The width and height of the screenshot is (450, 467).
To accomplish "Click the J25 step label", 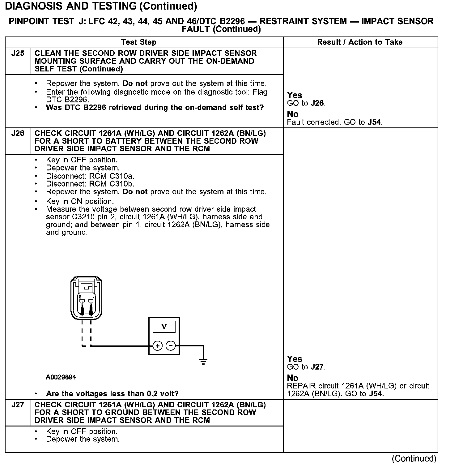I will coord(18,54).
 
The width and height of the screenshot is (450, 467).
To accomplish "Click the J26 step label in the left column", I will coord(18,133).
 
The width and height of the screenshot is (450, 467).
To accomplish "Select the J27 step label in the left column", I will coord(18,405).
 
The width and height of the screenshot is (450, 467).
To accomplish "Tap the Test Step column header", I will coord(139,42).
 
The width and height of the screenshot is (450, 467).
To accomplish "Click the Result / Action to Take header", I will coord(360,42).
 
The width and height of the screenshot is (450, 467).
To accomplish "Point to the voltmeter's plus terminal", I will coord(157,346).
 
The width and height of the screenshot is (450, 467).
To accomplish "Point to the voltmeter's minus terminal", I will coord(171,346).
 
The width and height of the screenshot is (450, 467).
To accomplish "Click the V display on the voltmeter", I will coord(164,327).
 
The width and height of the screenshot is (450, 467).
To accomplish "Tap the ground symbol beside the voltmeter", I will coord(203,361).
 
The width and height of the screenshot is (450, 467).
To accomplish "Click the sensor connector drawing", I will coord(86,298).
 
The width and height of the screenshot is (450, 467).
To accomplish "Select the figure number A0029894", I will coord(61,377).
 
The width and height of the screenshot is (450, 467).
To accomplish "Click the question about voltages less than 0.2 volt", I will coord(112,394).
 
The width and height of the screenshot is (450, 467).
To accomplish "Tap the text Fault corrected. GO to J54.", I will coord(335,122).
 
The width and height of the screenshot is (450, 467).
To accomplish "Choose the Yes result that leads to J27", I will coord(295,359).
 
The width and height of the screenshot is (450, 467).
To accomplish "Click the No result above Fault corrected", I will coord(293,114).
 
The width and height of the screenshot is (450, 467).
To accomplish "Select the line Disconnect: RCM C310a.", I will coord(90,176).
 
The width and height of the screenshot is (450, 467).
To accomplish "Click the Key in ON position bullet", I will coord(80,201).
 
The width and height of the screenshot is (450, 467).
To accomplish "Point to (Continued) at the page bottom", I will coord(414,458).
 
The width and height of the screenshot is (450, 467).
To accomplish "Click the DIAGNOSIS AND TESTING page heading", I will coord(101,6).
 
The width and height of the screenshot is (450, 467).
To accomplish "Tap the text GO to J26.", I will coord(306,103).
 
